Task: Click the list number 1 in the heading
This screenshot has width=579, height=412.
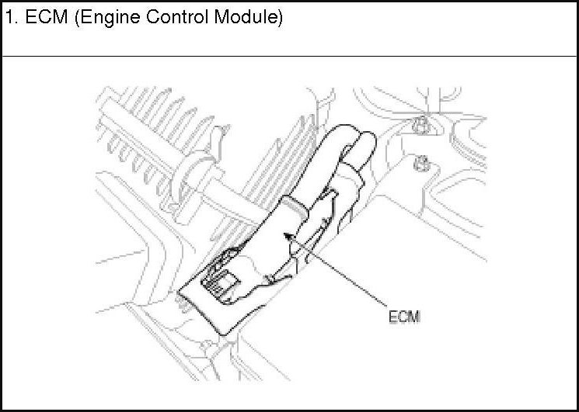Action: coord(9,18)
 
